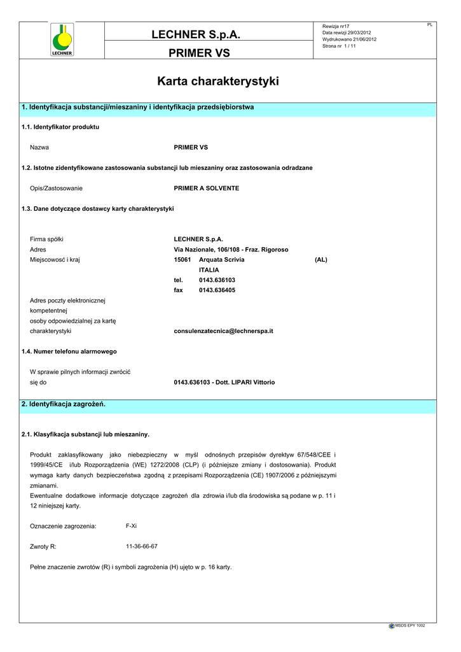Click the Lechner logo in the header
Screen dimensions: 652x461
[x=62, y=40]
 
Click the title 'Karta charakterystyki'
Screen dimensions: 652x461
[x=217, y=82]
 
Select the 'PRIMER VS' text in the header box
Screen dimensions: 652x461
[x=199, y=53]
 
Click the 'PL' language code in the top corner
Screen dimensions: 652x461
[x=430, y=25]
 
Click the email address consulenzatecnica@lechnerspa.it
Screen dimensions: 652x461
[x=223, y=331]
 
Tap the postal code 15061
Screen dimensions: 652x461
[x=182, y=260]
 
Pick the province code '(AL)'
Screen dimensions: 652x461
[x=321, y=260]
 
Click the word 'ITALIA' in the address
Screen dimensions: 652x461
[x=209, y=270]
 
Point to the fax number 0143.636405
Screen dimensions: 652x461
[x=217, y=290]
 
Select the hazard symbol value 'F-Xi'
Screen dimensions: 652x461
[x=132, y=526]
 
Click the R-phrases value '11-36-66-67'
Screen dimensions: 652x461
[x=142, y=546]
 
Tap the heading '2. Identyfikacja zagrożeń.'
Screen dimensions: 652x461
[x=64, y=404]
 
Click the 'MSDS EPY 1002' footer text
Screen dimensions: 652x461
[x=409, y=626]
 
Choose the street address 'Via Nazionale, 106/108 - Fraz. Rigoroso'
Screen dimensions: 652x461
[x=231, y=250]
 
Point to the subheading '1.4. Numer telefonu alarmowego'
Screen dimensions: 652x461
[x=69, y=351]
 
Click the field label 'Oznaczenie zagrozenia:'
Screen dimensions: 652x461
[x=63, y=527]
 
